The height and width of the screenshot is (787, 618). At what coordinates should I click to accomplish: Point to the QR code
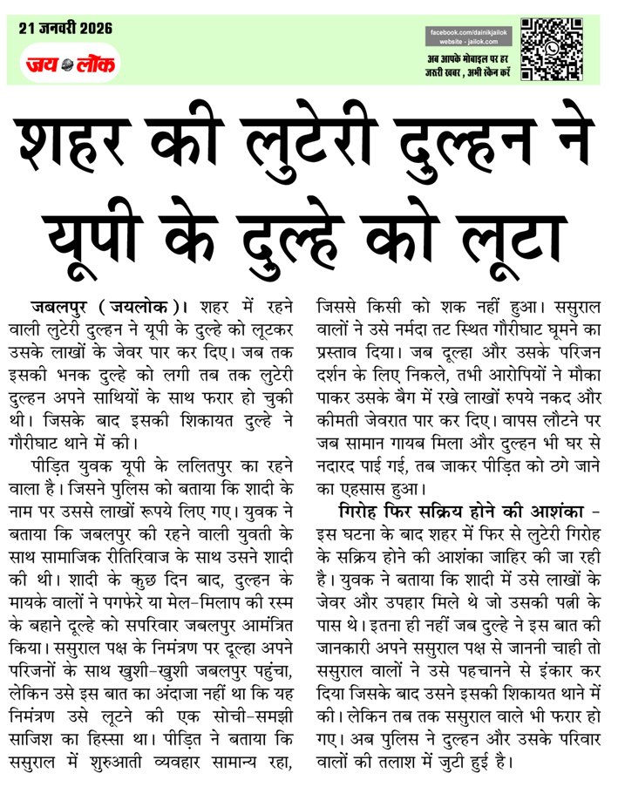(x=552, y=50)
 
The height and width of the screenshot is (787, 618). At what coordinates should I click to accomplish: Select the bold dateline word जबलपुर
(x=62, y=307)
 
